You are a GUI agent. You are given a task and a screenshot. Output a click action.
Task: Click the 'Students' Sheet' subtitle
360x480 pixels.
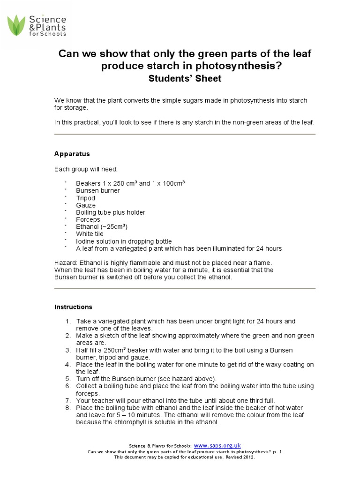(185, 79)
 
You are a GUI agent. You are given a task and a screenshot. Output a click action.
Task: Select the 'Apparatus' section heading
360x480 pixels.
(72, 154)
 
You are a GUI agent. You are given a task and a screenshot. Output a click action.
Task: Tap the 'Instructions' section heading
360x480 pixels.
(73, 307)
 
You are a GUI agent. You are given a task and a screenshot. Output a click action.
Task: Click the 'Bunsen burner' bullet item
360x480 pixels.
(98, 191)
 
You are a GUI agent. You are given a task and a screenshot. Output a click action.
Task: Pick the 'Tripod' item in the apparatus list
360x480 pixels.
(86, 198)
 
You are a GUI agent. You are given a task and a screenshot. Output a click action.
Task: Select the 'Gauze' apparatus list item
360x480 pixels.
(86, 205)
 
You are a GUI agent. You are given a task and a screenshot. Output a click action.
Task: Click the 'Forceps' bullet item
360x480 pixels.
(88, 219)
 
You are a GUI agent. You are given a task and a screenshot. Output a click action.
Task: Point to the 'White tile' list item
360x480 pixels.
(90, 233)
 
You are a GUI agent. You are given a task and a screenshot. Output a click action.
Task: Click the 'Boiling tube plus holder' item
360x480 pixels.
(111, 212)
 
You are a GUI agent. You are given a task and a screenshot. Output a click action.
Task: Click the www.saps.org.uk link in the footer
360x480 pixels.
(217, 445)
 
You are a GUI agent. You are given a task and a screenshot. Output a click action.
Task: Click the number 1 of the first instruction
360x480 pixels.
(68, 322)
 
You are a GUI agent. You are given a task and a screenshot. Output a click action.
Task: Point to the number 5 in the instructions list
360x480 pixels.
(68, 379)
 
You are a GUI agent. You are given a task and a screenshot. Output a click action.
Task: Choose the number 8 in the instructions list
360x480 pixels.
(68, 408)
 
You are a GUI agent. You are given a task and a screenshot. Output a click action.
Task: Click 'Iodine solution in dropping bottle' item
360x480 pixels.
(124, 241)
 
